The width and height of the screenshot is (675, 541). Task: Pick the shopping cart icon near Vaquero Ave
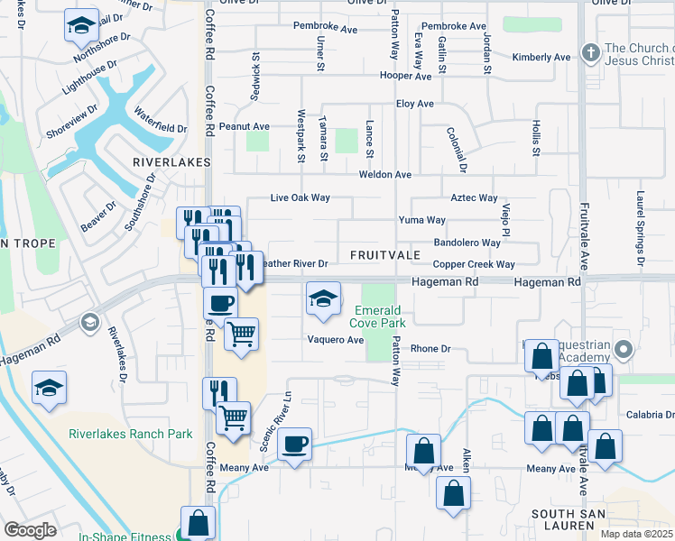click(x=241, y=335)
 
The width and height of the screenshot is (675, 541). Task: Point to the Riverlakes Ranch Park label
click(x=131, y=434)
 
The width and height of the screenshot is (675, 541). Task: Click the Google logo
click(x=30, y=529)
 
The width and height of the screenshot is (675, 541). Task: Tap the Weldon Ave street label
click(x=384, y=175)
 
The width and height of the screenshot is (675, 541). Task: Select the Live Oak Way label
click(x=301, y=197)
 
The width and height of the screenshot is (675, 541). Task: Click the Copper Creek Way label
click(x=473, y=265)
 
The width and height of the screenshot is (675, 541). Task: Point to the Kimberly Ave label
click(x=541, y=58)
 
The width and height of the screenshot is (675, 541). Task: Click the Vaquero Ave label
click(x=335, y=340)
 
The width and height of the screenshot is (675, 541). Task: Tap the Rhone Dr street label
click(x=430, y=349)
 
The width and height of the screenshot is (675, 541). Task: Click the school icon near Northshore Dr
click(x=81, y=26)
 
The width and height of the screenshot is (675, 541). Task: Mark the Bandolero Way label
click(x=467, y=243)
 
